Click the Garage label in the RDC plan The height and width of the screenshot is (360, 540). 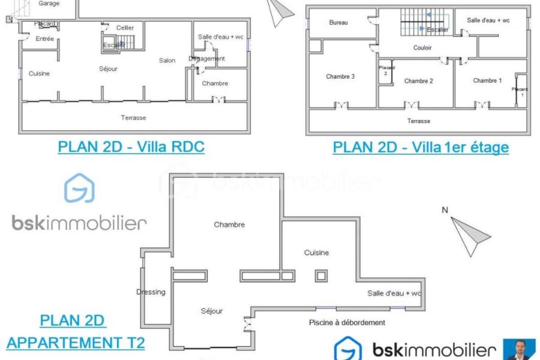tap(49, 4)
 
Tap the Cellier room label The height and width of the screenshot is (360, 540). tap(125, 28)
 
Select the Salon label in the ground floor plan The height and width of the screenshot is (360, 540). tap(167, 60)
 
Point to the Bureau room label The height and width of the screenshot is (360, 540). tap(338, 22)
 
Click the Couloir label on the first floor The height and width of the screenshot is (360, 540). tap(422, 47)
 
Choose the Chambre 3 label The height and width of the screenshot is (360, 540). tap(340, 76)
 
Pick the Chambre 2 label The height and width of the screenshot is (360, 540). tap(418, 81)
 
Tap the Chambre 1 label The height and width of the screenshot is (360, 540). tap(487, 80)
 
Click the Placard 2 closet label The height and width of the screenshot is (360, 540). tap(386, 70)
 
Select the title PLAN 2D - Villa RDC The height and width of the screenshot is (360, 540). tap(131, 147)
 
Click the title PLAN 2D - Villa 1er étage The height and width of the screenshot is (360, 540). tap(421, 147)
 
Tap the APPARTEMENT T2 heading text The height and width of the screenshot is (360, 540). tap(76, 343)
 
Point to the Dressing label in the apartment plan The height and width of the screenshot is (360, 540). tap(151, 292)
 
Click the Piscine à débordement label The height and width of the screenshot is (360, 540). tap(347, 322)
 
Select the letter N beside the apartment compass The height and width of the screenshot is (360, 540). tap(445, 210)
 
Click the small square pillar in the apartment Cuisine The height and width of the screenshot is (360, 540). tap(321, 275)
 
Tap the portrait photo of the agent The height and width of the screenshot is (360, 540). tap(520, 349)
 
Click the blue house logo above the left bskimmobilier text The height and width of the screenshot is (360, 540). tap(80, 188)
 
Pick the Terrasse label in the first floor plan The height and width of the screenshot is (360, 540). tap(418, 121)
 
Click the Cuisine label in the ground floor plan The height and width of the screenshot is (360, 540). tap(39, 73)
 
